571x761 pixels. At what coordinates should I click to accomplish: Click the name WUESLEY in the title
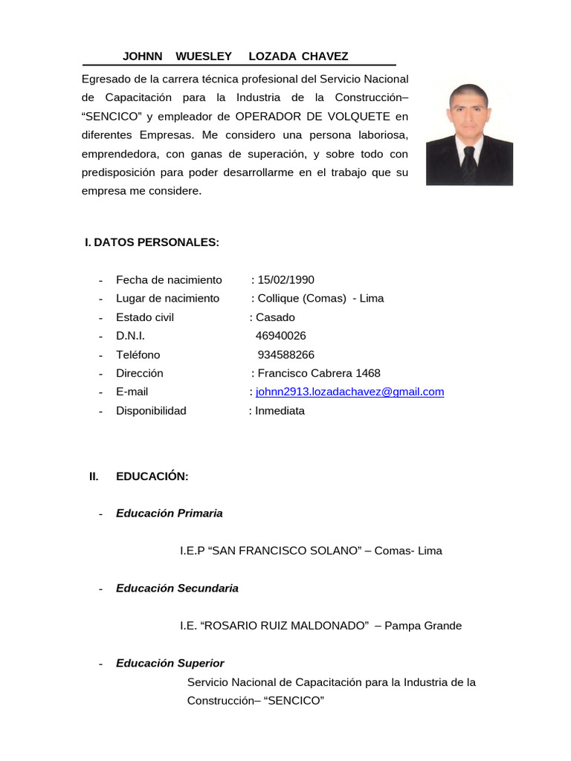(x=203, y=56)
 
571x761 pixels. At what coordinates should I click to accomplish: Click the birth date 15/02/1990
(x=285, y=280)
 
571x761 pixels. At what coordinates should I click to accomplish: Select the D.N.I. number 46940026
(x=280, y=336)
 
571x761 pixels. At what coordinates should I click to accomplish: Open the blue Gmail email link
(x=349, y=392)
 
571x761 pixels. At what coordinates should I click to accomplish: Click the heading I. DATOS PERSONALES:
(x=152, y=242)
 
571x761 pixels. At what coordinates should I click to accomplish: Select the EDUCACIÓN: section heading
(x=152, y=476)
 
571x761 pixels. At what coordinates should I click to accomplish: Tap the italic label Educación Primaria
(x=169, y=514)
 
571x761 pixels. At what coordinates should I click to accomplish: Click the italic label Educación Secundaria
(x=177, y=588)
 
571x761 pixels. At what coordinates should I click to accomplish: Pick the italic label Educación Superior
(x=170, y=663)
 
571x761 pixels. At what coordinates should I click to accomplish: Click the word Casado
(x=275, y=317)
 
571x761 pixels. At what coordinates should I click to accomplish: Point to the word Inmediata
(x=280, y=410)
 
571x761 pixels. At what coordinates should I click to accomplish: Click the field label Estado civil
(x=145, y=317)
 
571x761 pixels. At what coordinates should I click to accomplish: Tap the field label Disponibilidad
(x=151, y=410)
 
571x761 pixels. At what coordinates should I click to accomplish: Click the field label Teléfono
(x=138, y=354)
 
